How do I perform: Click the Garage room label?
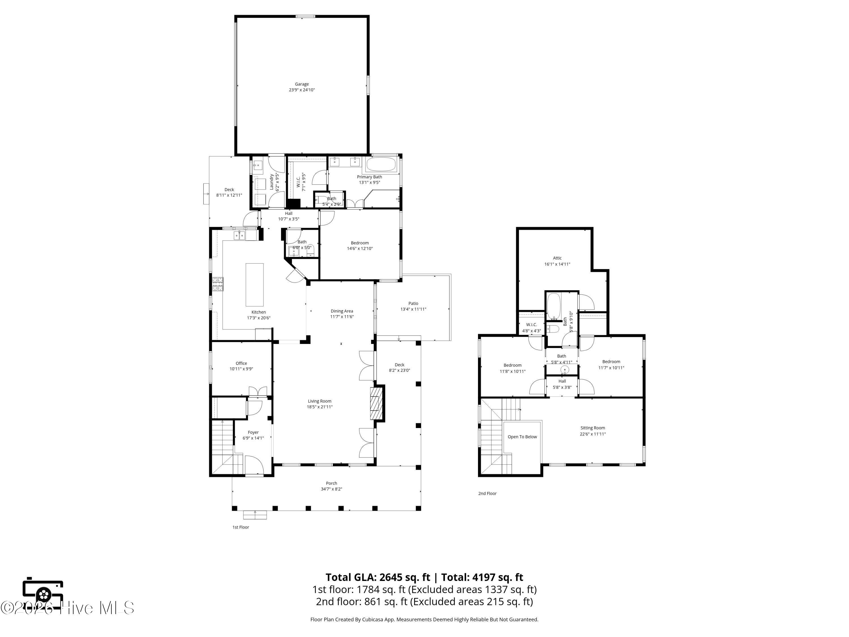302,84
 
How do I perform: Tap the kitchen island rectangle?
254,285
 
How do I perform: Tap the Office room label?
241,363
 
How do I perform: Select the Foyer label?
253,432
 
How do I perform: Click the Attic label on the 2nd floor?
557,258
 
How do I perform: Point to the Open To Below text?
522,437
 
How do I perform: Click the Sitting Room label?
592,428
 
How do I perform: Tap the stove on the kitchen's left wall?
218,285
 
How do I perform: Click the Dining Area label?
342,311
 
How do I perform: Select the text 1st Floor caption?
241,527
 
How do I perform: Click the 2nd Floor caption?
487,493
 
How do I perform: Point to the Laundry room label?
271,182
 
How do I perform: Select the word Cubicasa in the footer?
372,619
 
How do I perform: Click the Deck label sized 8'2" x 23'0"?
399,365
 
